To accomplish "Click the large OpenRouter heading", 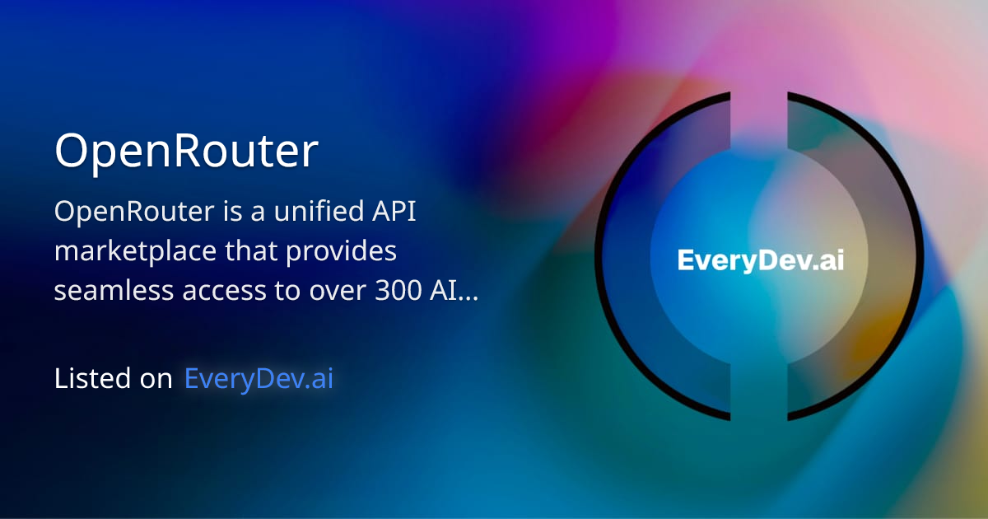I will point(186,152).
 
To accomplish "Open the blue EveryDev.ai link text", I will point(259,379).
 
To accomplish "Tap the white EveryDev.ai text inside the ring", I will point(760,260).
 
